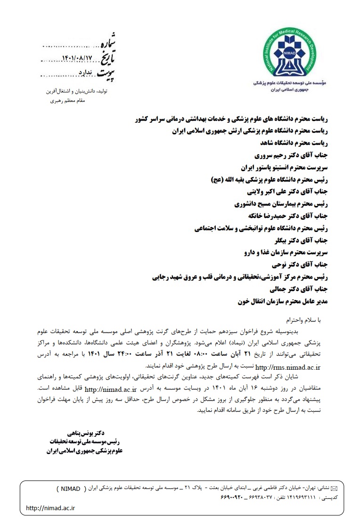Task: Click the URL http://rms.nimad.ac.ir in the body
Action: (287, 366)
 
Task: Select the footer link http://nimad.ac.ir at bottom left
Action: (51, 508)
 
